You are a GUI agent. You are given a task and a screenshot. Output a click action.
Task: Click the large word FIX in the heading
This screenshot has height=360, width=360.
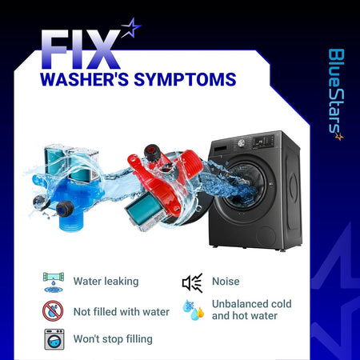coord(81,50)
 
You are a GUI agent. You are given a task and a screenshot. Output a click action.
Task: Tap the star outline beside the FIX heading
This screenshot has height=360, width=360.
coord(131,28)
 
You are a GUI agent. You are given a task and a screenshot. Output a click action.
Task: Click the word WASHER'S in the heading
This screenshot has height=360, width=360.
coord(84,79)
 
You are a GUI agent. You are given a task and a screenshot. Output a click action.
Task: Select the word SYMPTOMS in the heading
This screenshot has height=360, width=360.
coord(185,79)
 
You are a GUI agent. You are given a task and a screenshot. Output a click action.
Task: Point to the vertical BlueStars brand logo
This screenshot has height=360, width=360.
coord(336,94)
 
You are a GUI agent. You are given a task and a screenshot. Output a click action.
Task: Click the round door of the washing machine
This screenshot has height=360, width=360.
coord(242,186)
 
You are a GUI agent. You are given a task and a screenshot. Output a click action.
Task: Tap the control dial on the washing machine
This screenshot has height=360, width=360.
coord(242,142)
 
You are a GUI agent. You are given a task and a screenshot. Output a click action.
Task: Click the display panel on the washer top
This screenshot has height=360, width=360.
coord(263,141)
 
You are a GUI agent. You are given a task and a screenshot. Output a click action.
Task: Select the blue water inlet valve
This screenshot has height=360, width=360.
coord(66,186)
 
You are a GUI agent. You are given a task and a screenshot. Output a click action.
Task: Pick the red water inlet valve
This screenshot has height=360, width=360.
coord(163,186)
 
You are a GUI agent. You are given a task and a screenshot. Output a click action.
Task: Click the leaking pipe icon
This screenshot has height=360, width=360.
coord(54,282)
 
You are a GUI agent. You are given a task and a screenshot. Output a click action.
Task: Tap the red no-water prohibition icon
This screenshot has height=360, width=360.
coord(53,311)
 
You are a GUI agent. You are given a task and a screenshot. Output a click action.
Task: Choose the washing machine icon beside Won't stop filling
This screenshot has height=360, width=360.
coord(54,339)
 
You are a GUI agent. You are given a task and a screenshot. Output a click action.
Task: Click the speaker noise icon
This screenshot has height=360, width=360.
coord(193,282)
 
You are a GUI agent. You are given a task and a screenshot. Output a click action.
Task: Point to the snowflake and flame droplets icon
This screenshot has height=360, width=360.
coord(194,310)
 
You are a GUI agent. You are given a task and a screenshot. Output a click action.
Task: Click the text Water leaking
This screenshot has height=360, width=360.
coord(106,282)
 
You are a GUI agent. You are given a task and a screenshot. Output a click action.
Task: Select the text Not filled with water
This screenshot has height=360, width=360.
coord(122,311)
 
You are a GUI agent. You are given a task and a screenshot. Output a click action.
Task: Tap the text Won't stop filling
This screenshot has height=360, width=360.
coord(113,339)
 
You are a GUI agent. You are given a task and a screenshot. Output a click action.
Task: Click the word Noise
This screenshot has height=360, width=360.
coord(226,282)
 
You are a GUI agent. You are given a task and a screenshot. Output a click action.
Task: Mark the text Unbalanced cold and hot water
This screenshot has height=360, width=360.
coord(252,310)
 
